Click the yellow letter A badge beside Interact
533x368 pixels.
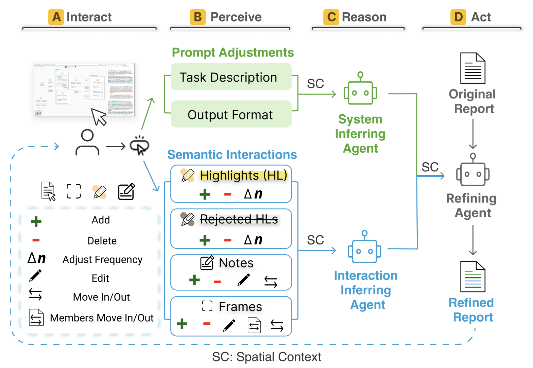(56, 17)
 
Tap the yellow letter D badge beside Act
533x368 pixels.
(458, 17)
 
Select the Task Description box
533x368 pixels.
(231, 77)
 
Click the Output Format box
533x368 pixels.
(231, 115)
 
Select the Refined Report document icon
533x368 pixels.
(473, 277)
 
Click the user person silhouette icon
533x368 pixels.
(87, 142)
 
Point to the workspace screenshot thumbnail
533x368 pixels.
(84, 90)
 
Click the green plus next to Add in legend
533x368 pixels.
(36, 221)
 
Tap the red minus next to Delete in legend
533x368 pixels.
(36, 240)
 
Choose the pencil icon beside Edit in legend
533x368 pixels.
(35, 276)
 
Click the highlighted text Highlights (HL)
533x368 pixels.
(243, 175)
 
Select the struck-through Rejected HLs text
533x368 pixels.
(239, 219)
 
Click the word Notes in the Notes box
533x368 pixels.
(236, 263)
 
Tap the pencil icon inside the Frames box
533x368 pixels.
(229, 325)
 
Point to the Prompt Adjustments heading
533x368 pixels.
(233, 53)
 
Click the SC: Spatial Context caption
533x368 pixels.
(266, 357)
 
